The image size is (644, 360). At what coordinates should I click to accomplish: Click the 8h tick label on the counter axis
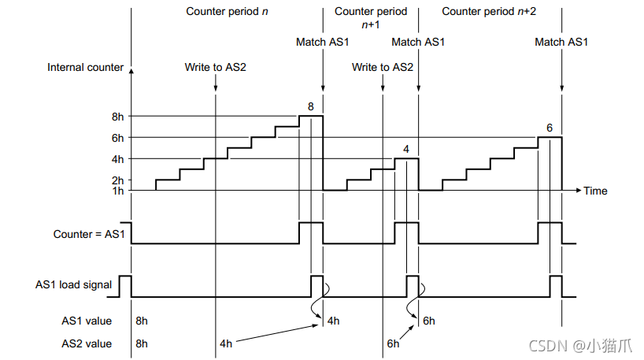118,117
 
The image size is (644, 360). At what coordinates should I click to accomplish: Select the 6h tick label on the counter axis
118,138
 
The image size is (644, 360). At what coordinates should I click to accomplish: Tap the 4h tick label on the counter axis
118,159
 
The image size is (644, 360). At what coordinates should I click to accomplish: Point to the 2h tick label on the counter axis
118,180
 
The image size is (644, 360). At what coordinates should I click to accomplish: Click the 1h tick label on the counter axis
118,191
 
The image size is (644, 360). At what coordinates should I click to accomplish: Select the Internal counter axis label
85,67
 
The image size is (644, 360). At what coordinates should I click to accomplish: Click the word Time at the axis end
595,191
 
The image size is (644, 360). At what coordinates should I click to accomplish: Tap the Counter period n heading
228,12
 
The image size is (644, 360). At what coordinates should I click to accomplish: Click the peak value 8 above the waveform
311,106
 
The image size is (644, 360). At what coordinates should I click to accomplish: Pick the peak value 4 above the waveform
405,148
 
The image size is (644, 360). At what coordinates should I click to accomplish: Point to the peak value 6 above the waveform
549,127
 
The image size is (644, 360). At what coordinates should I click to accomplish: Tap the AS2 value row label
87,343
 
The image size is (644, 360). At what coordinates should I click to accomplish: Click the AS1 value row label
87,321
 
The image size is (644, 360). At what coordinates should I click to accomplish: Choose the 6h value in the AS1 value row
428,321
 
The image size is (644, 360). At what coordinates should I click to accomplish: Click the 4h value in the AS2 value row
226,343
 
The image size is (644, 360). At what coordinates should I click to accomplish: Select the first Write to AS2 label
215,67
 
